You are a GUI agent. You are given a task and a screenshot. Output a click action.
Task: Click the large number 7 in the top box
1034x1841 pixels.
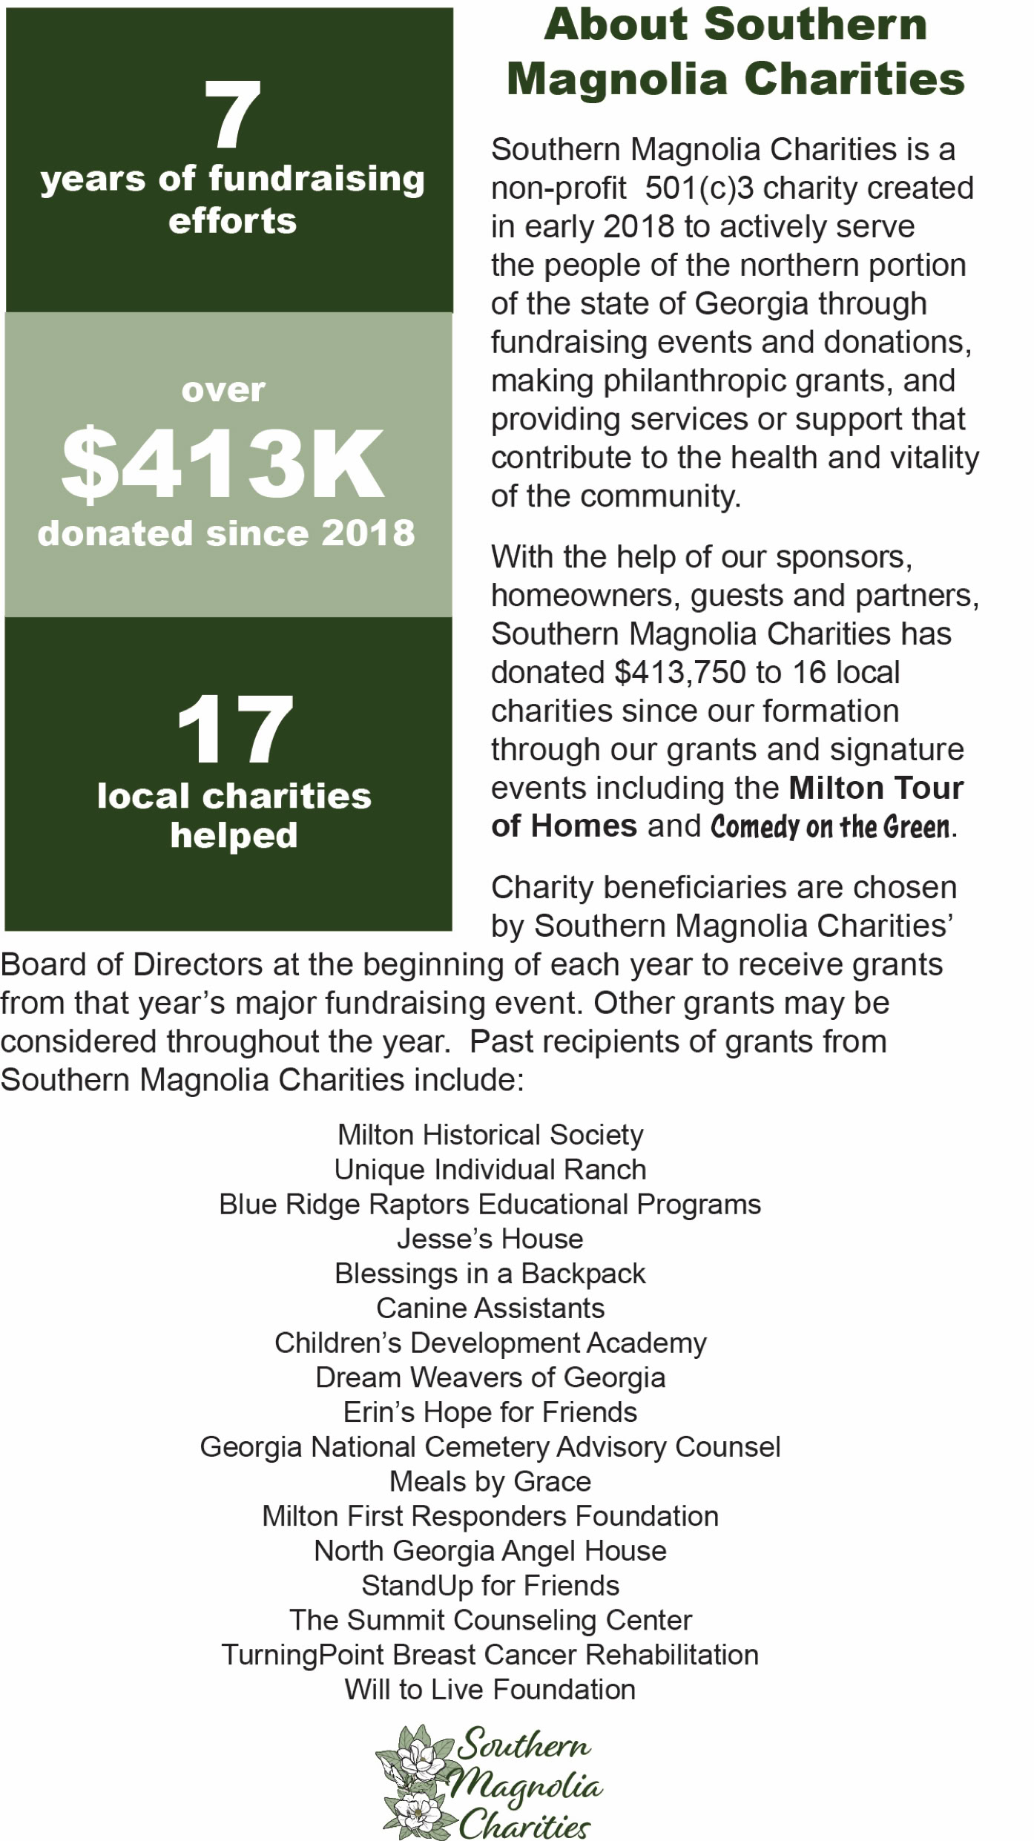coord(232,115)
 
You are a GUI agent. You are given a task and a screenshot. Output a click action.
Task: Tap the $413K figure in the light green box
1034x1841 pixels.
coord(223,463)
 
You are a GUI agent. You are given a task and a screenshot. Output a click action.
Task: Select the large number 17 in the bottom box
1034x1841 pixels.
coord(234,729)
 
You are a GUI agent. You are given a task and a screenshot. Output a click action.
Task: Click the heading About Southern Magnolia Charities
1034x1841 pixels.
coord(735,52)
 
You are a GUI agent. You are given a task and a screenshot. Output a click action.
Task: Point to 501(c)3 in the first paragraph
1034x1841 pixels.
coord(699,188)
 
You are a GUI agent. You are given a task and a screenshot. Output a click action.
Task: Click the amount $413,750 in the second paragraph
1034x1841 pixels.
coord(680,672)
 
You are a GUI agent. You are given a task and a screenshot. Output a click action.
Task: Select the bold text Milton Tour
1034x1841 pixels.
coord(876,788)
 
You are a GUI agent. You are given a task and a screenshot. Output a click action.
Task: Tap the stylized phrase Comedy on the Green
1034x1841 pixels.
coord(830,826)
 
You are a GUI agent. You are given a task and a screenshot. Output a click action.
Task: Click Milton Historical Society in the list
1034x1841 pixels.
coord(490,1135)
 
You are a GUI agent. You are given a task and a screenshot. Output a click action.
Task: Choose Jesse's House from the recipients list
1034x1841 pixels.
coord(490,1239)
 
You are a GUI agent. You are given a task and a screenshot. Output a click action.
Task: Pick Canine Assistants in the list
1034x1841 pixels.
coord(490,1308)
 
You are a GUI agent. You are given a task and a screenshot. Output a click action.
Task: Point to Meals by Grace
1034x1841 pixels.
coord(490,1481)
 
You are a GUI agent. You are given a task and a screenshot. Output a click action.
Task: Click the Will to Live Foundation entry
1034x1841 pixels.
coord(490,1690)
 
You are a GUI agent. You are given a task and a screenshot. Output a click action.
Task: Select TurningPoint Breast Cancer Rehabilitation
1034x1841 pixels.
coord(490,1655)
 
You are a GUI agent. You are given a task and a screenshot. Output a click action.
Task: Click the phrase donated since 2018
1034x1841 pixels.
coord(226,533)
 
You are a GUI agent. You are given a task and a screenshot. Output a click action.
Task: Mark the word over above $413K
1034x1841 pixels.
coord(223,390)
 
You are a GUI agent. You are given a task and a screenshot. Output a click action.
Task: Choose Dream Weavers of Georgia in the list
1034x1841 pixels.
coord(490,1377)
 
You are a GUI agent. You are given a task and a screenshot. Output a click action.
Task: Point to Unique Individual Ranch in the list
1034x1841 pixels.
coord(490,1170)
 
